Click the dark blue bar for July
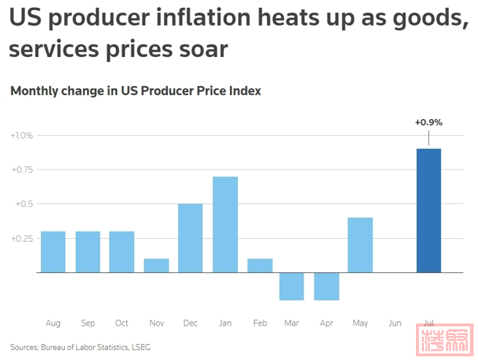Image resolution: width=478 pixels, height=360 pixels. tap(428, 210)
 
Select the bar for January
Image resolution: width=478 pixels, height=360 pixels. tap(225, 224)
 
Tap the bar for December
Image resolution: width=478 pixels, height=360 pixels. tap(190, 238)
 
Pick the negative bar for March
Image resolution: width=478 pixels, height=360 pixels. tap(292, 286)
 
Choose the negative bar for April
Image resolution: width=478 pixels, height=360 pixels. tap(326, 286)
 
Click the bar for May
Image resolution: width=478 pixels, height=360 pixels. tap(361, 245)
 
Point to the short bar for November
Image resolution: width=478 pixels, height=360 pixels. tap(156, 266)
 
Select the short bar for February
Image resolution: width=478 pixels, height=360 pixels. tap(259, 266)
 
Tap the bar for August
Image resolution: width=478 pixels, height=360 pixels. tap(53, 252)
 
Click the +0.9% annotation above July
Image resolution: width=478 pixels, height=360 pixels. tap(428, 122)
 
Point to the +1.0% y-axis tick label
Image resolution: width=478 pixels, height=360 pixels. tap(22, 135)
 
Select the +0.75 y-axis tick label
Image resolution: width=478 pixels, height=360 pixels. tap(22, 169)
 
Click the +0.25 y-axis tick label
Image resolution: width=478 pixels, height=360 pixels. tap(22, 238)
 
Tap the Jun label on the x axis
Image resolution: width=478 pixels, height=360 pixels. tap(395, 323)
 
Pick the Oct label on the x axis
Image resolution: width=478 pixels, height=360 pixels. tap(121, 323)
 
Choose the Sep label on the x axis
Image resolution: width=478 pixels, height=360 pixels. tap(88, 323)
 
